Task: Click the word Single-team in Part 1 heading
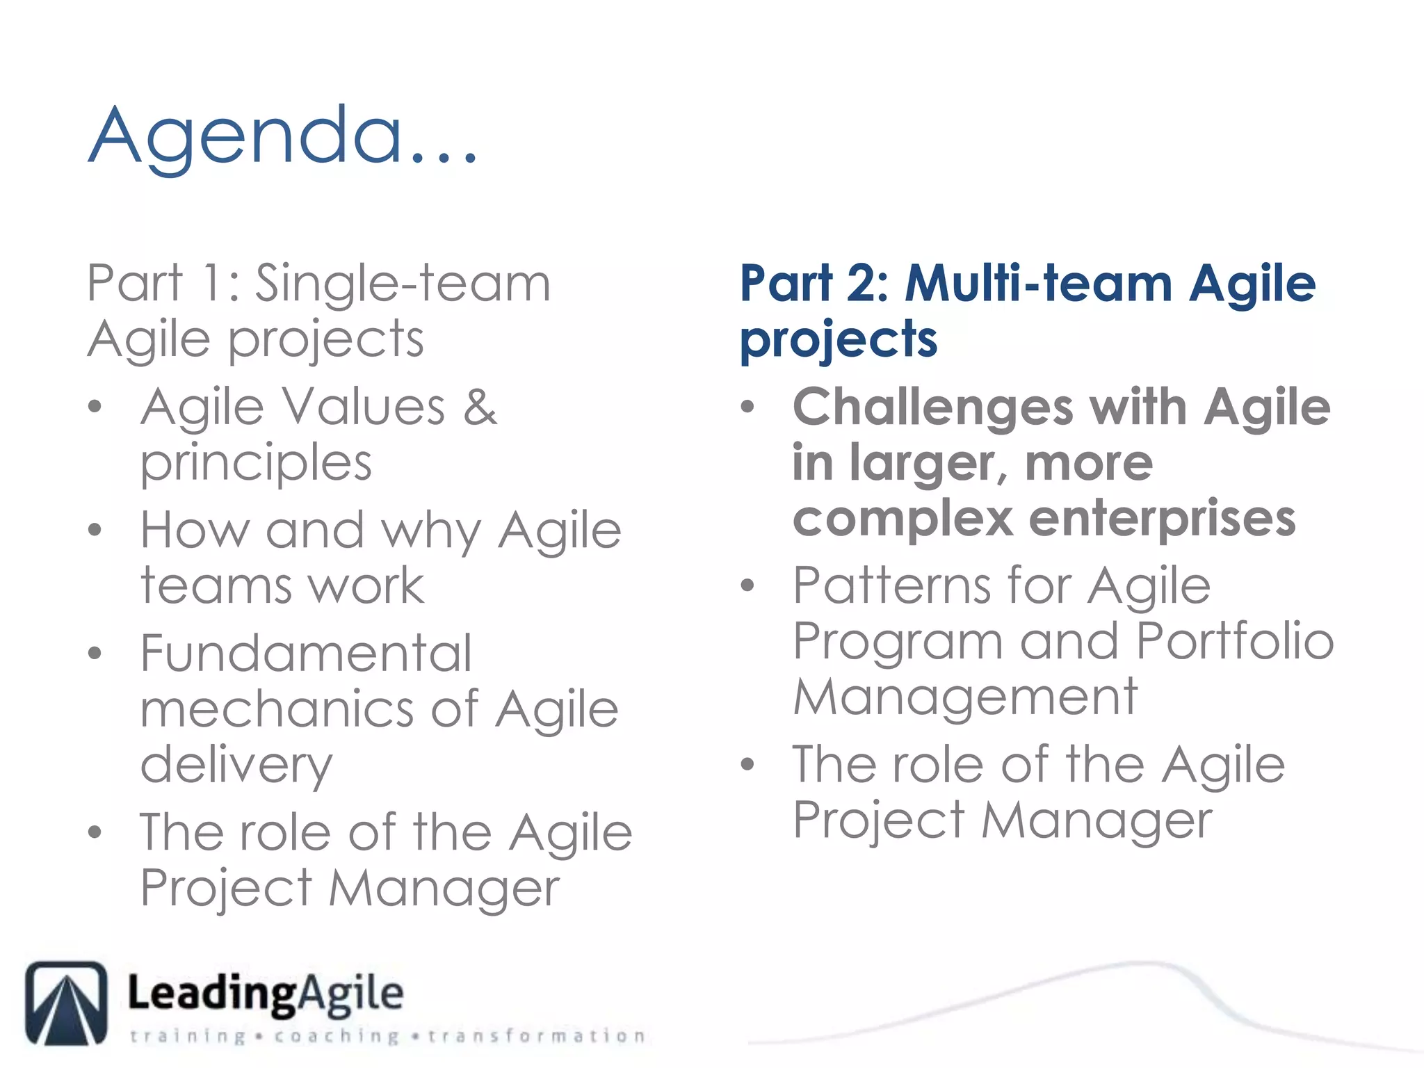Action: [x=403, y=284]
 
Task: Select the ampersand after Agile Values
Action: [x=480, y=407]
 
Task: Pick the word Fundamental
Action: [x=306, y=654]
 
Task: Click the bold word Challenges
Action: [x=932, y=407]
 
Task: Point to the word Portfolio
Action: [x=1235, y=641]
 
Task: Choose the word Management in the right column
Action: [x=965, y=697]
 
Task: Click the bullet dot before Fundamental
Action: [x=95, y=654]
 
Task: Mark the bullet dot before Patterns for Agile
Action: [x=747, y=585]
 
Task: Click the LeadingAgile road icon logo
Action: [x=67, y=1003]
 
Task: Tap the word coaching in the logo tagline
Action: [x=337, y=1037]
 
